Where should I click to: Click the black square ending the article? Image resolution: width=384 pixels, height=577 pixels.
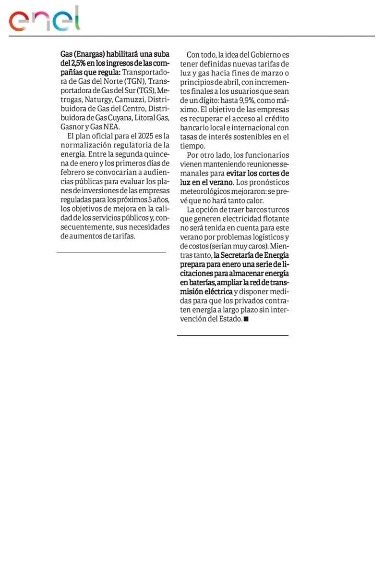(246, 319)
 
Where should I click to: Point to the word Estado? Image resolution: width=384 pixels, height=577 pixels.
(230, 319)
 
